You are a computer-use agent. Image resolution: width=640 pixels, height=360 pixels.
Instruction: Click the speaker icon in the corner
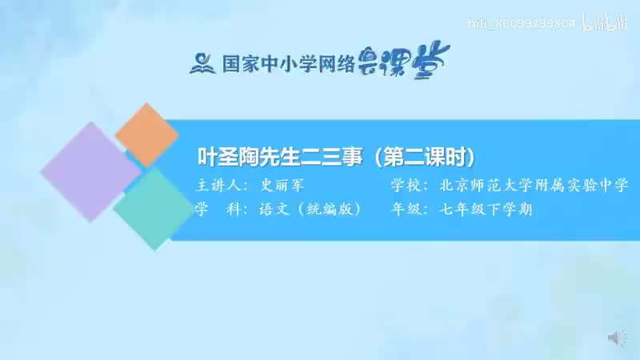pos(618,337)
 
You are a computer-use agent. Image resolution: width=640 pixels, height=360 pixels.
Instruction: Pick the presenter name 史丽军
pos(281,186)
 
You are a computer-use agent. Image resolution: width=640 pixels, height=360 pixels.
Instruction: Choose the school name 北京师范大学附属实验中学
pos(533,186)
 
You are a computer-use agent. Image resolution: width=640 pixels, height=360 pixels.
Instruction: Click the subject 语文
pos(274,210)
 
